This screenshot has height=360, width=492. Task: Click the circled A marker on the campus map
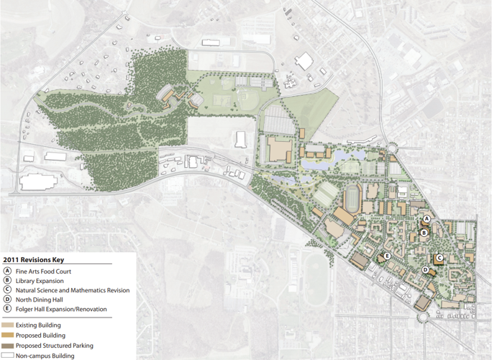pyautogui.click(x=426, y=218)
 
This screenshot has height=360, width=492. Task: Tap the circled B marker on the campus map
pyautogui.click(x=424, y=233)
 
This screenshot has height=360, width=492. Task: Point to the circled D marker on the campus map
pyautogui.click(x=425, y=270)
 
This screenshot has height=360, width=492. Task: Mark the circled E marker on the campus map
pyautogui.click(x=387, y=256)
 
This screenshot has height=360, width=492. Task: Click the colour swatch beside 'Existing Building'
pyautogui.click(x=8, y=325)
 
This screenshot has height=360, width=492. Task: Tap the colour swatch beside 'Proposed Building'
pyautogui.click(x=8, y=336)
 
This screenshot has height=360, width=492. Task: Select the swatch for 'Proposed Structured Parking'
pyautogui.click(x=8, y=346)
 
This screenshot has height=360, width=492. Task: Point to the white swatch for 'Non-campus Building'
pyautogui.click(x=8, y=356)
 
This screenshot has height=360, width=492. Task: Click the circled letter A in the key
pyautogui.click(x=7, y=271)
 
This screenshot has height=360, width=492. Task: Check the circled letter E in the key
pyautogui.click(x=7, y=309)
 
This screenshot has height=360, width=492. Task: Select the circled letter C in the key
pyautogui.click(x=7, y=290)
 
